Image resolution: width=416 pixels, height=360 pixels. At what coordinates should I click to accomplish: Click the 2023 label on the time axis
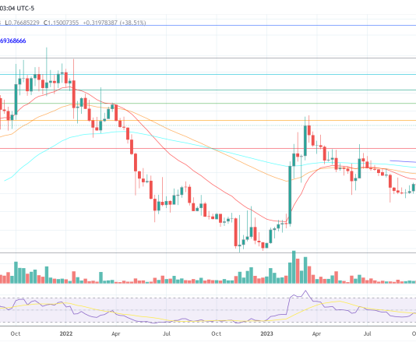tap(266, 334)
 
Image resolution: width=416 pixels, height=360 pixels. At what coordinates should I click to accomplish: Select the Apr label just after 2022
tap(115, 334)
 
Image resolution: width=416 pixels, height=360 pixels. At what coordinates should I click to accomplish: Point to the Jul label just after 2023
tap(365, 334)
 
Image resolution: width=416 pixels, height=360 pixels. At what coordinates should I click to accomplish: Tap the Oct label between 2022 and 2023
tap(216, 334)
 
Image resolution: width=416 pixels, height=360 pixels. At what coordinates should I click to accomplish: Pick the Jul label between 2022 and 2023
tap(166, 334)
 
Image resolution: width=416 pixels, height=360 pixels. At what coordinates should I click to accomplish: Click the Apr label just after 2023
tap(316, 334)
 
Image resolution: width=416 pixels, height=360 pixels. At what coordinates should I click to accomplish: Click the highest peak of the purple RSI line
tap(305, 293)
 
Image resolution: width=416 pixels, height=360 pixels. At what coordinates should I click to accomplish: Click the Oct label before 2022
tap(16, 334)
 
